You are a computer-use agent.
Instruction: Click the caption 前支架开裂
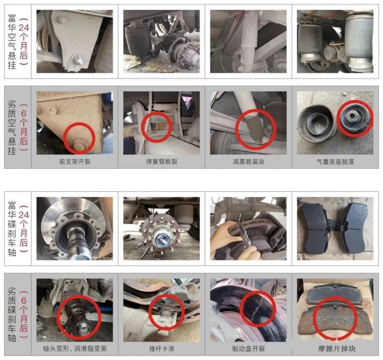pos(75,162)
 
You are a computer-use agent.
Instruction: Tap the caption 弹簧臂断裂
pos(161,162)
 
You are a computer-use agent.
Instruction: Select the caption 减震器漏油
pos(248,162)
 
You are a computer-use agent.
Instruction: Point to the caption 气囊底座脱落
pos(335,162)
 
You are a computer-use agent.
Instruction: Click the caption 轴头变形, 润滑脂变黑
pos(75,348)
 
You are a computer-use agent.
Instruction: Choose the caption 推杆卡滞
pos(161,348)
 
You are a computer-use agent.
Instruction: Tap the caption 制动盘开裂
pos(248,348)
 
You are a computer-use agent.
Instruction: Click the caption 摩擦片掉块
pos(337,348)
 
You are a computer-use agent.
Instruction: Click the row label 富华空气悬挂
pos(12,42)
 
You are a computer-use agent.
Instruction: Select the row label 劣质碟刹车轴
pos(12,314)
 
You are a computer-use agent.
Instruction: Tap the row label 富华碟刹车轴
pos(12,229)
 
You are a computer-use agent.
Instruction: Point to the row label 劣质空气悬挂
pos(12,128)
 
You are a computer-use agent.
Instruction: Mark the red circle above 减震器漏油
pos(256,110)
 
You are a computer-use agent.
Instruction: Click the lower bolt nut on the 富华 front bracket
pos(78,60)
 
